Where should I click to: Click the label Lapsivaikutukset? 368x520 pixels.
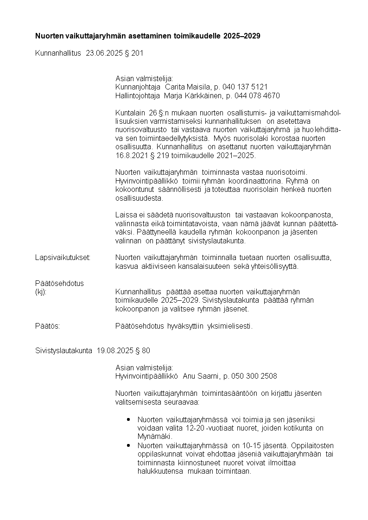pos(63,257)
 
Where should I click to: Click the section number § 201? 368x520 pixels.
pos(134,53)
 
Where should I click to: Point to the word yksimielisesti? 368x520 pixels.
pos(229,326)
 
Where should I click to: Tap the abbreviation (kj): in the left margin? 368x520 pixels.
pos(41,292)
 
